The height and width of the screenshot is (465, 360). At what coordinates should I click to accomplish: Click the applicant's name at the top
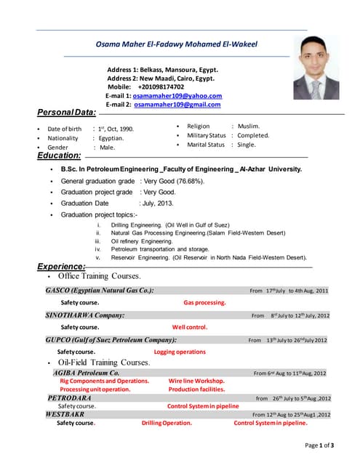(177, 44)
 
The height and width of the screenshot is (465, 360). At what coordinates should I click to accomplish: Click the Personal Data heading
(66, 113)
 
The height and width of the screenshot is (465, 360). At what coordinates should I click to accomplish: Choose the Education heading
(59, 155)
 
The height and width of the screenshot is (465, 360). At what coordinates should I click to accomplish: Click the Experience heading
(62, 267)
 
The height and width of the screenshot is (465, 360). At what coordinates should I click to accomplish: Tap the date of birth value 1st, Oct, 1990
(116, 129)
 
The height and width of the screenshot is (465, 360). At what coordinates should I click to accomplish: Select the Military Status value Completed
(253, 135)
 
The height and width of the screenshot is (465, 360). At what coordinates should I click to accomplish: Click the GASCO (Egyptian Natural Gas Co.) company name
(100, 290)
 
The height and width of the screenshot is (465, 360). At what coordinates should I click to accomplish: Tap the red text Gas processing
(204, 302)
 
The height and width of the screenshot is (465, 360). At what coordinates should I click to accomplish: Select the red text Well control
(190, 327)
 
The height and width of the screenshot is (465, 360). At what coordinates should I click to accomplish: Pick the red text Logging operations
(180, 352)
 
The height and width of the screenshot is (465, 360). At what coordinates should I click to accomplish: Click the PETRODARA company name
(70, 398)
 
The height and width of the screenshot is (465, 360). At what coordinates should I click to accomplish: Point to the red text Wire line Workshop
(196, 381)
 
